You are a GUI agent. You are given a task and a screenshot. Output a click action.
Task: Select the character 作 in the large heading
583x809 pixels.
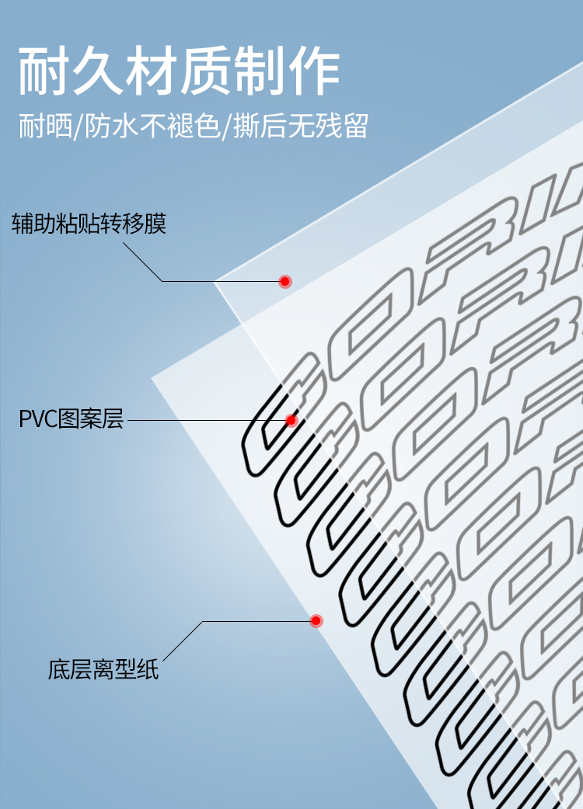[x=314, y=71]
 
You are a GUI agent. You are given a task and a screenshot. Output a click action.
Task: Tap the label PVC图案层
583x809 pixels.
[x=71, y=420]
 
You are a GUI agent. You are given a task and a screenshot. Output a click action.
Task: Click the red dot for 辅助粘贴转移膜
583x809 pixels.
[x=285, y=281]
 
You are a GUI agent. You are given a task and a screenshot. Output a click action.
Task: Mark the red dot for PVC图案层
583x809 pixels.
[x=291, y=421]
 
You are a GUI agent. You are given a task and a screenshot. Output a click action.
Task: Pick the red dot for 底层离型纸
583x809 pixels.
[x=316, y=621]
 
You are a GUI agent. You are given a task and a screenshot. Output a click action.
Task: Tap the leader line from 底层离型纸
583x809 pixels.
[x=257, y=621]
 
